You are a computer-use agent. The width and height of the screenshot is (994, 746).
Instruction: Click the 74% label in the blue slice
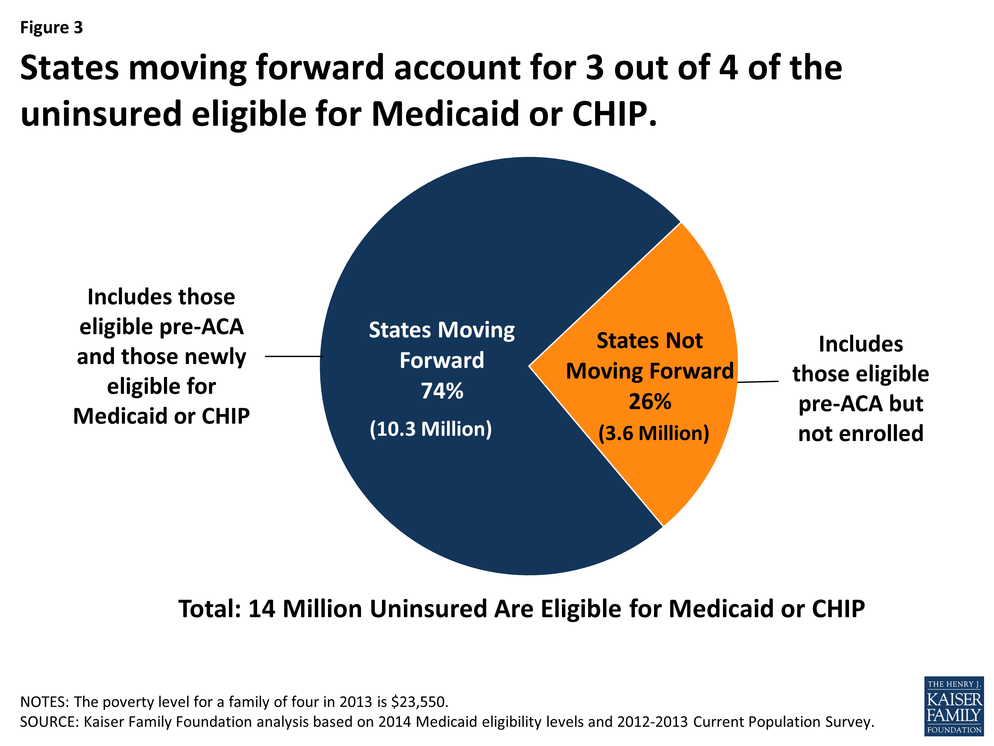pos(442,391)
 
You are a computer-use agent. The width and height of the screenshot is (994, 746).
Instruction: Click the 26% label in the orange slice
pos(650,402)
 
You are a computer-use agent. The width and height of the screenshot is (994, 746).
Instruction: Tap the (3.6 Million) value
pos(653,433)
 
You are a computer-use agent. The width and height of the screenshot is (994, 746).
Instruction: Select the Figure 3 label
pos(52,28)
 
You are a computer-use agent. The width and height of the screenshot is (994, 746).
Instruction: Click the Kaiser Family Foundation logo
pos(954,706)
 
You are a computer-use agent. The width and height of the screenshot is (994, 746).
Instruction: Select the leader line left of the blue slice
pos(294,356)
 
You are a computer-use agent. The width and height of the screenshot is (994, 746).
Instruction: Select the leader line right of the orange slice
pos(758,382)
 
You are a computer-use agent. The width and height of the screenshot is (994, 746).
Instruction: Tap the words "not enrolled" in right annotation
pos(860,433)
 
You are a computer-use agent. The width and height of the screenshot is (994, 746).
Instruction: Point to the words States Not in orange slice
pos(649,341)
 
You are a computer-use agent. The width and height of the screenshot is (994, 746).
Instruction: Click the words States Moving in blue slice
pos(442,330)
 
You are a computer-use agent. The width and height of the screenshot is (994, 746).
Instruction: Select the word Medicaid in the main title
pos(445,114)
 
